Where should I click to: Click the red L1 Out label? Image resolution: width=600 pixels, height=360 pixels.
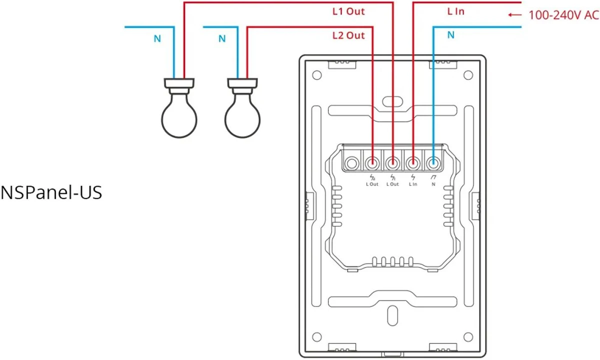348,11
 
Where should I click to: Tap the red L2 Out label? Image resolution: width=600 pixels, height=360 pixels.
348,35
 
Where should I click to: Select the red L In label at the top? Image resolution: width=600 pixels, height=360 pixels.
455,11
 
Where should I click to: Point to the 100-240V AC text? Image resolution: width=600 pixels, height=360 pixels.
563,15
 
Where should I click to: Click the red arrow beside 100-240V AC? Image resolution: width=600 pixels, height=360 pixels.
514,15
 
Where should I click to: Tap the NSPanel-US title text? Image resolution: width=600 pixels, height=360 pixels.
51,192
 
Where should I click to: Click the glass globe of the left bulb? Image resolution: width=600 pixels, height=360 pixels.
179,118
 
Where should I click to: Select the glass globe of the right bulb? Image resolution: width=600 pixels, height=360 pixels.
242,118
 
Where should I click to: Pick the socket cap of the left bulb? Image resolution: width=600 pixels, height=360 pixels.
179,84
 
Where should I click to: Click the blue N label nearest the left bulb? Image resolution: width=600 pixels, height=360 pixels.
157,39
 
